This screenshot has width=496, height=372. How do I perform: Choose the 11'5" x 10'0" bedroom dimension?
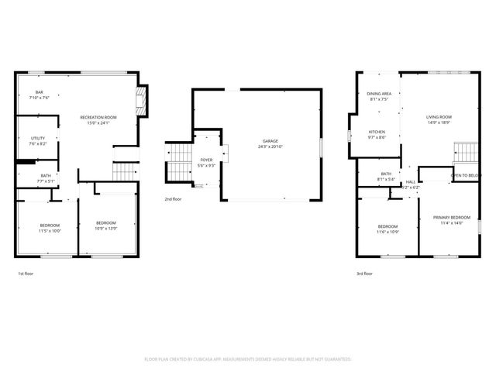click(x=50, y=231)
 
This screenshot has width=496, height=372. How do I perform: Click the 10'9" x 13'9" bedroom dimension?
click(x=105, y=229)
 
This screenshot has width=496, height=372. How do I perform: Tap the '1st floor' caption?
click(x=26, y=274)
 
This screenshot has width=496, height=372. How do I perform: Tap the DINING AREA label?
click(x=379, y=94)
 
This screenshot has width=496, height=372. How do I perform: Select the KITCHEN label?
click(x=377, y=132)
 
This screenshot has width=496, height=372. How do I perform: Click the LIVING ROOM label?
click(x=439, y=117)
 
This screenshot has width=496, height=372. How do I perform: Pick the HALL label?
click(x=410, y=181)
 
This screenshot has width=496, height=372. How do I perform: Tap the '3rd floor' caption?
click(x=364, y=274)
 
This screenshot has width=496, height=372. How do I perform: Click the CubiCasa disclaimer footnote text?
click(x=248, y=360)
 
